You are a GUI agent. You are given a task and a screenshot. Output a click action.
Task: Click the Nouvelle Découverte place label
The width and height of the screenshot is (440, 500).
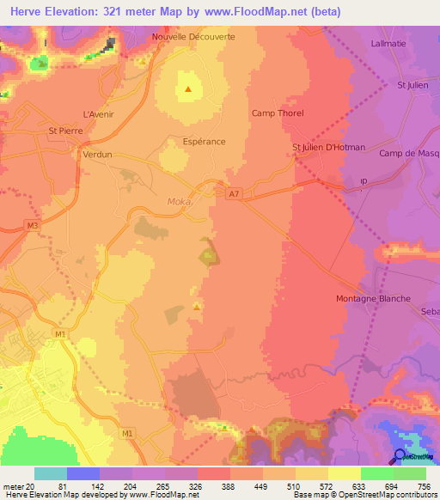(192, 38)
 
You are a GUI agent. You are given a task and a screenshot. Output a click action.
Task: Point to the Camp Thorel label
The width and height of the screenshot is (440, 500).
(278, 113)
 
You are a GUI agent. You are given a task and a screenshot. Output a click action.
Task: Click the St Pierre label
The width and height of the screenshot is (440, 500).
(65, 131)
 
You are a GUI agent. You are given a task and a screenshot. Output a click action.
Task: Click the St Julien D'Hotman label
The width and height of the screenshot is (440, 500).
(329, 148)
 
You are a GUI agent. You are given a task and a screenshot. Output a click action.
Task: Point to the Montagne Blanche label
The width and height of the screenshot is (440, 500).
(372, 299)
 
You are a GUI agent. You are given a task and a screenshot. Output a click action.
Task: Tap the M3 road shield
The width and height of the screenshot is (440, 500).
(32, 225)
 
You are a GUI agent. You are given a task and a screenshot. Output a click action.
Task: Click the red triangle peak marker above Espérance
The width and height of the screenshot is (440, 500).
(188, 88)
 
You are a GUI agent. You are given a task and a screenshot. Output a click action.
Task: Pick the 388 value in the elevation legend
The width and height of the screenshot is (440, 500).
(229, 485)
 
